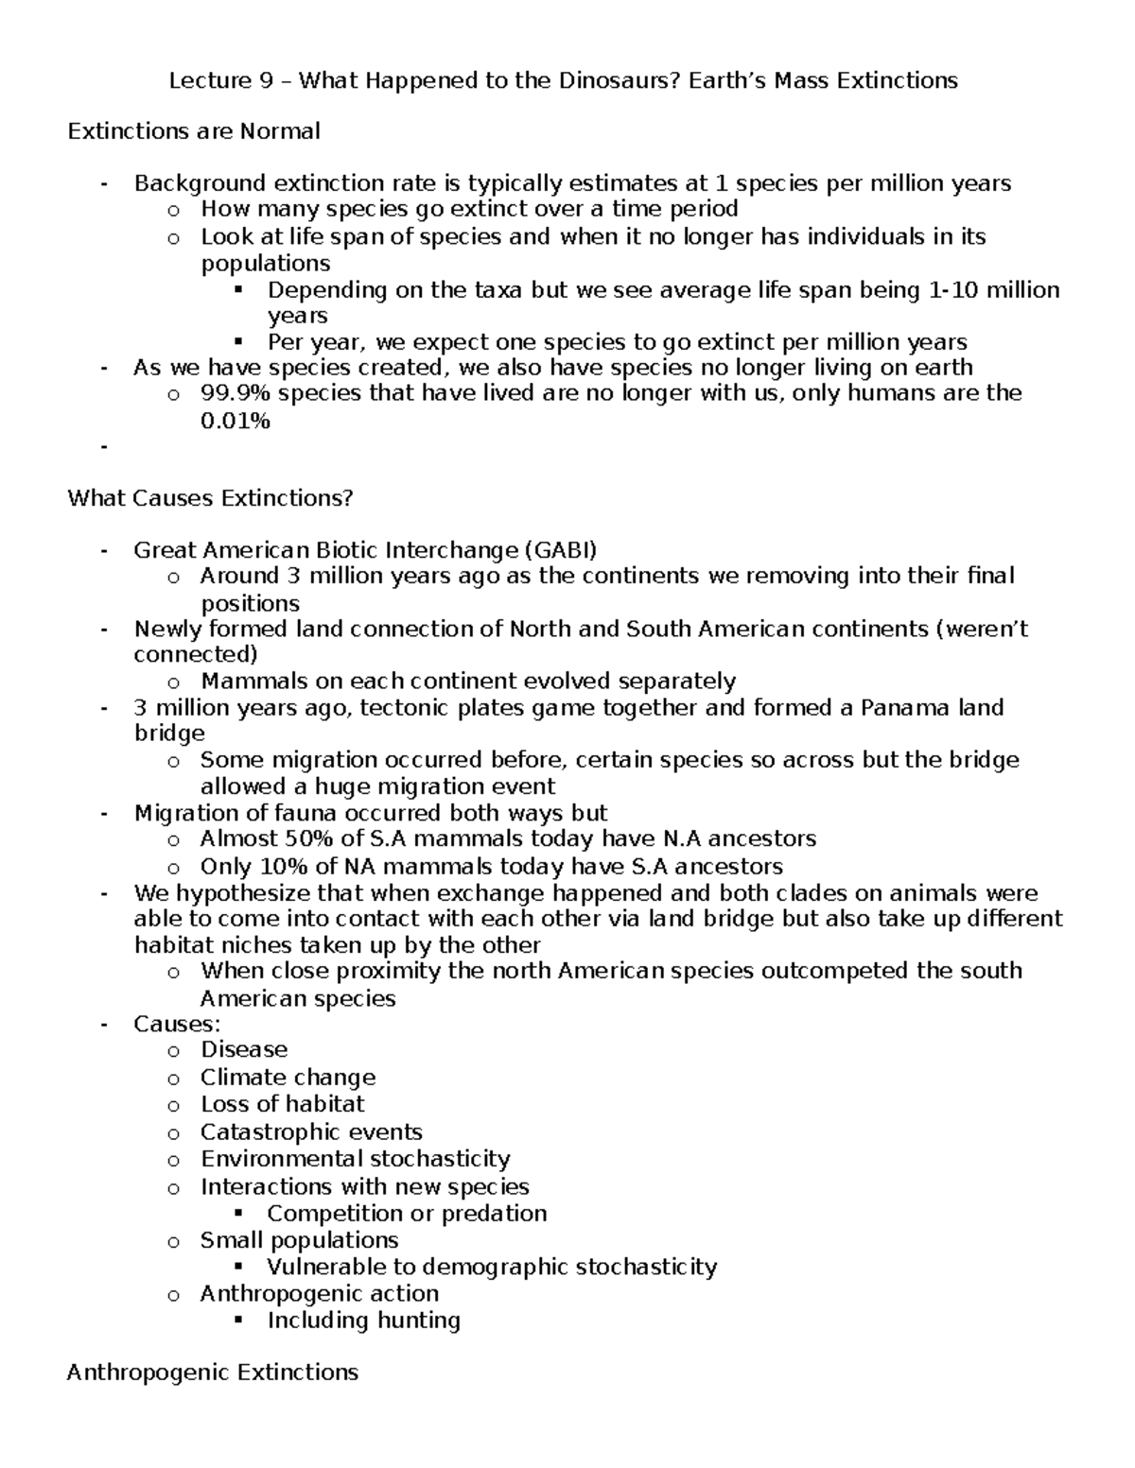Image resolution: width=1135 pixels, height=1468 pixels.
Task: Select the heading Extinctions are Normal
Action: [194, 131]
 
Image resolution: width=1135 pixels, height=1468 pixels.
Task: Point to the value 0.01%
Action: [236, 422]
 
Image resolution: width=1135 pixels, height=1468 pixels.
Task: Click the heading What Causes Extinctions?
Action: [210, 498]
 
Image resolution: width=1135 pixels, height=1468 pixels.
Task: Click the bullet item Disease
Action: [244, 1050]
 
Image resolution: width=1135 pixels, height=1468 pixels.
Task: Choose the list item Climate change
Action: [288, 1078]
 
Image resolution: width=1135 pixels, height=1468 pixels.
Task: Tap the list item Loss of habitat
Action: [282, 1104]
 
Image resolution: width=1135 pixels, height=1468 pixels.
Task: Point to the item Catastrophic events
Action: [311, 1132]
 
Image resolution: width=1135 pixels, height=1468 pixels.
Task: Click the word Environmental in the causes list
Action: [281, 1159]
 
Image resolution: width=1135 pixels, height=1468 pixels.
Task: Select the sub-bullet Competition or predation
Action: [407, 1214]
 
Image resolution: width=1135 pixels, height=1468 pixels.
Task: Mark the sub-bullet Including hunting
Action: [363, 1321]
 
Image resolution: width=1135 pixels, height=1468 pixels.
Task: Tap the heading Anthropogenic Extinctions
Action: [213, 1373]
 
